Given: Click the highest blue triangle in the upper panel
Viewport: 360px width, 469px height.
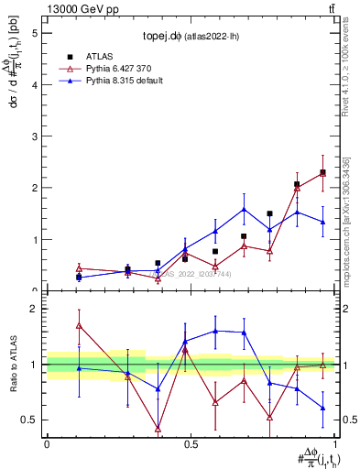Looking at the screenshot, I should [x=244, y=210].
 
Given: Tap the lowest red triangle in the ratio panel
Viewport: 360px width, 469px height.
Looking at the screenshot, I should [x=158, y=429].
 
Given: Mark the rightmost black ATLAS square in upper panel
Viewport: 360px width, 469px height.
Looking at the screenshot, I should [x=322, y=172].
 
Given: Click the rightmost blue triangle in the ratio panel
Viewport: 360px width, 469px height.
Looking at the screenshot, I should [x=322, y=409].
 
